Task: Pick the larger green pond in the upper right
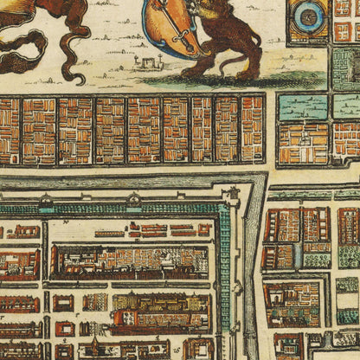click(x=304, y=106)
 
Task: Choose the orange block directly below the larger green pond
click(x=304, y=143)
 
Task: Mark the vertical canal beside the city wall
click(x=251, y=277)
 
